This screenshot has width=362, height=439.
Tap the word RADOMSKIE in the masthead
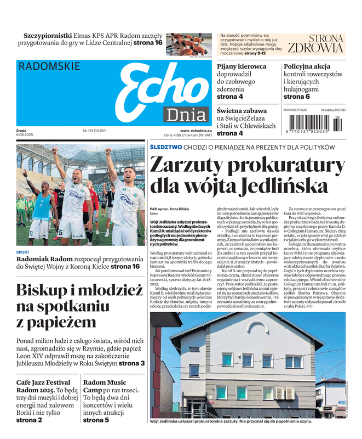pos(49,66)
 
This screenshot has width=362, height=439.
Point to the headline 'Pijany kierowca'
pos(242,66)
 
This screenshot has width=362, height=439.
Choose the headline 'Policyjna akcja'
pos(307,66)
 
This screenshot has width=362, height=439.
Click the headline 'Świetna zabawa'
pos(242,110)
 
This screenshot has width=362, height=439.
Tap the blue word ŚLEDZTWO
pos(165,148)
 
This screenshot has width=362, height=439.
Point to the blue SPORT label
pos(23,252)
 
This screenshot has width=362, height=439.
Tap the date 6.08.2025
pos(26,135)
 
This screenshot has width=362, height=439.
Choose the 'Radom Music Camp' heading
pos(105,386)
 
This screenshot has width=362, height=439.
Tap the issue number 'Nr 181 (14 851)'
pos(94,131)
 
